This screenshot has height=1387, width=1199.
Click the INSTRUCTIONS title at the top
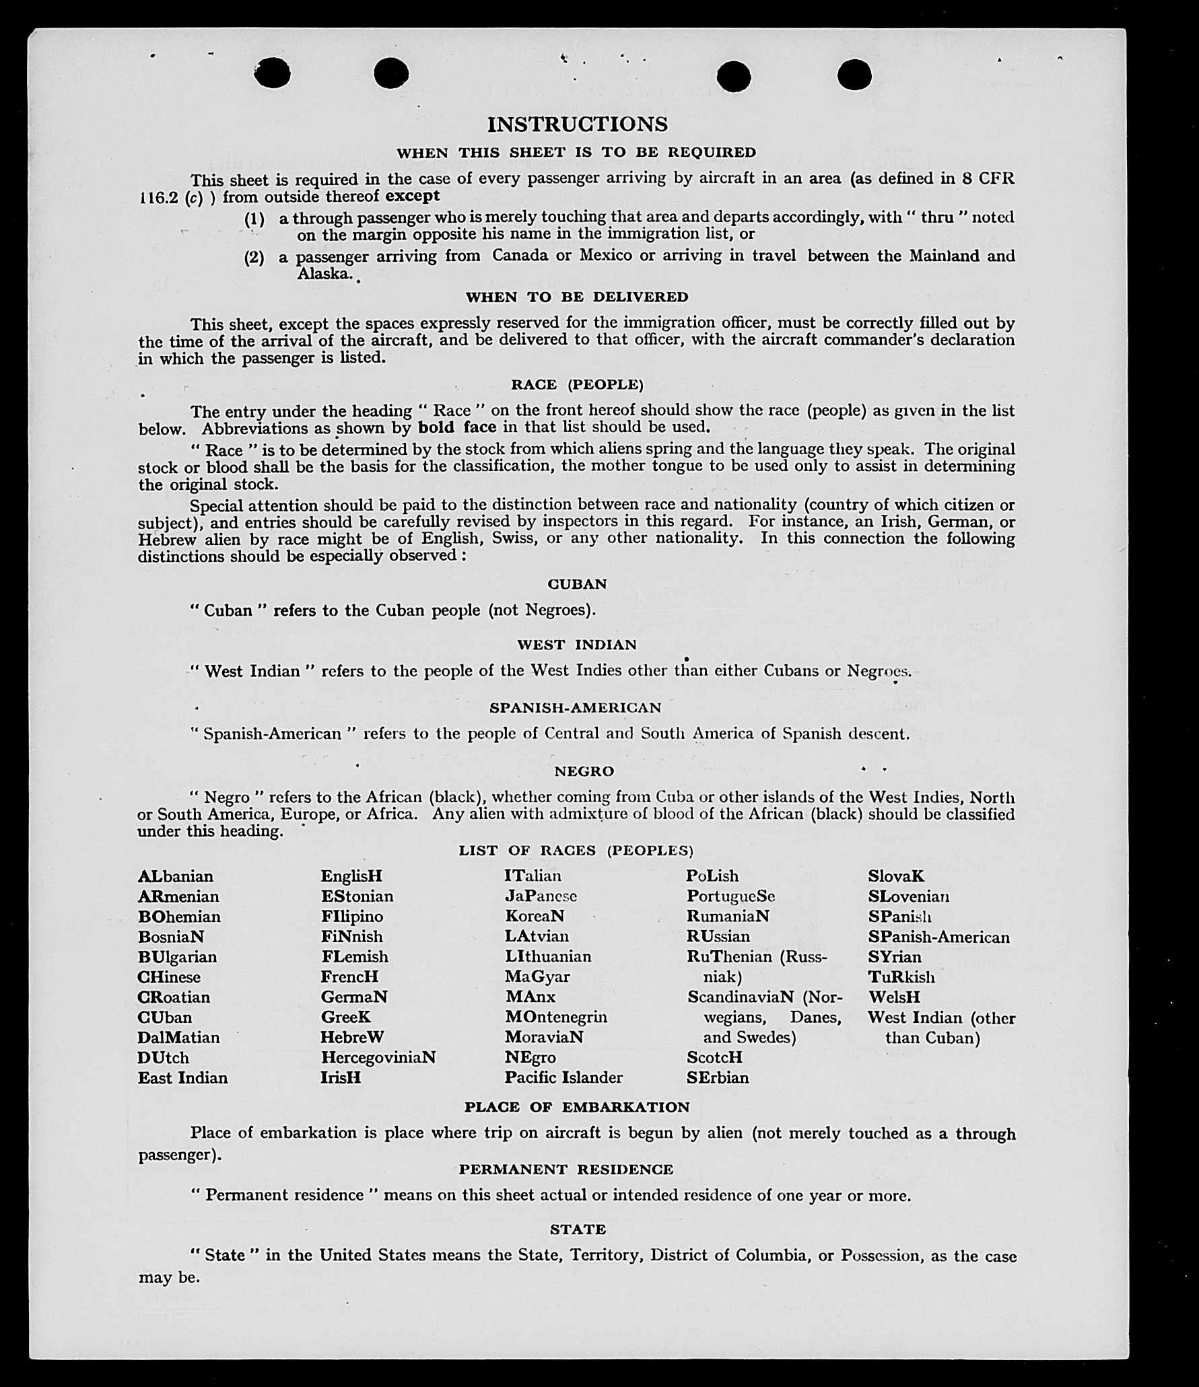coord(577,125)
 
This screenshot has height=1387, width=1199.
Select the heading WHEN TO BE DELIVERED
coord(577,297)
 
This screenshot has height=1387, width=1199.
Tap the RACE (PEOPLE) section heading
coord(577,384)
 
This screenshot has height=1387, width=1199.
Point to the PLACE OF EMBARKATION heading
coord(577,1107)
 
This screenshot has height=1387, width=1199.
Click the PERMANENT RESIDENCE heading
coord(566,1170)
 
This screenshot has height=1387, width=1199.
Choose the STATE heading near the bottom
coord(578,1230)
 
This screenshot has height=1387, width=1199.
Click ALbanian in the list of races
coord(175,876)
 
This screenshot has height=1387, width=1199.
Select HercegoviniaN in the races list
coord(378,1057)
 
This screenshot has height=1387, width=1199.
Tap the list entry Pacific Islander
coord(563,1077)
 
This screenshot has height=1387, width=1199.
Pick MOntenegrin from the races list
coord(555,1017)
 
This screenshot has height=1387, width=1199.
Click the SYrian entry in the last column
coord(894,956)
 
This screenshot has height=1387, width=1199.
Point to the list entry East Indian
coord(182,1077)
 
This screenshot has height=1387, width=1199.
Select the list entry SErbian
coord(717,1077)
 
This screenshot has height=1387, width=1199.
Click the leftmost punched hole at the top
coord(272,73)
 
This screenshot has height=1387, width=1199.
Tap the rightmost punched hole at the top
coord(854,74)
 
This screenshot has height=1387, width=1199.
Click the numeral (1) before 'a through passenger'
coord(254,219)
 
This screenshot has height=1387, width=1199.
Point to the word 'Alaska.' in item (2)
coord(325,273)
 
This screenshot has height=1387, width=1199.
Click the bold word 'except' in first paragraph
coord(412,196)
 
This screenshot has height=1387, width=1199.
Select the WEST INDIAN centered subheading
coord(576,645)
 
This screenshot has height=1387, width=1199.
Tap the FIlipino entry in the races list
coord(351,917)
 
